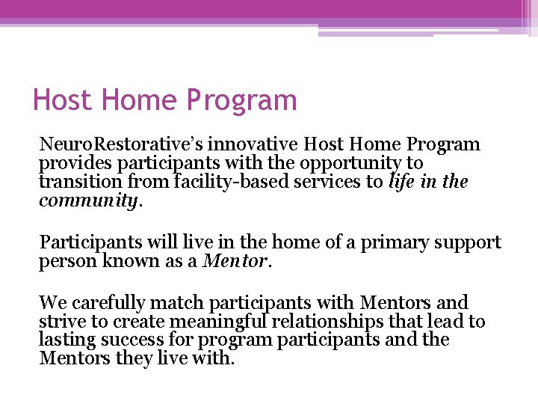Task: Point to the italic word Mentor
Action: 238,262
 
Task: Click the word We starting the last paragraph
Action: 52,302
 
